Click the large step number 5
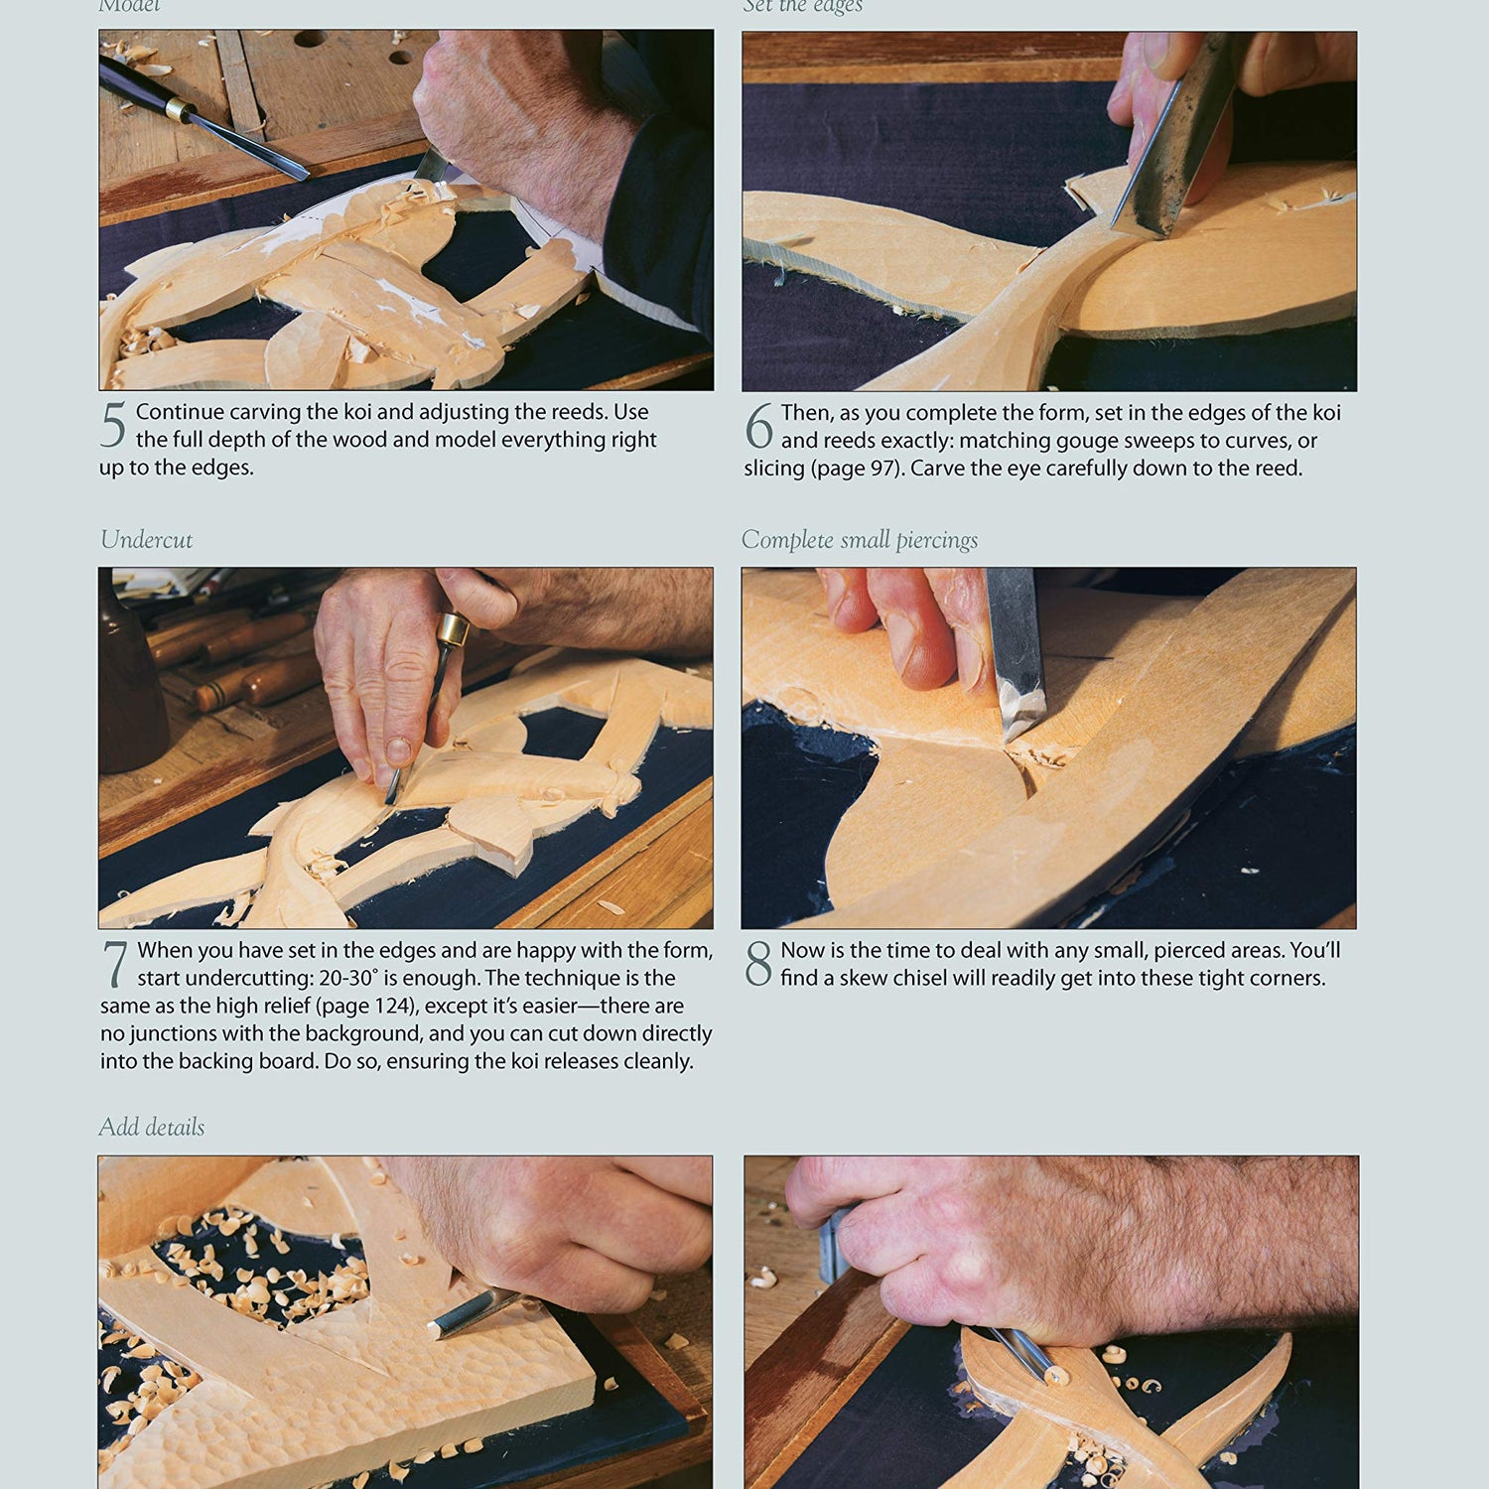pyautogui.click(x=113, y=426)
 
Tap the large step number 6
pyautogui.click(x=758, y=427)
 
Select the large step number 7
pyautogui.click(x=115, y=964)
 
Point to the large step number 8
pyautogui.click(x=758, y=964)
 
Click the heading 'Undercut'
pyautogui.click(x=146, y=540)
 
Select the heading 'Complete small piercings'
pyautogui.click(x=859, y=540)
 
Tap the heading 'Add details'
pyautogui.click(x=151, y=1128)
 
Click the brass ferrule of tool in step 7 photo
pyautogui.click(x=453, y=629)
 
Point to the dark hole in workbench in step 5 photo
pyautogui.click(x=310, y=41)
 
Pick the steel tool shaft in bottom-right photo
pyautogui.click(x=1022, y=1352)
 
